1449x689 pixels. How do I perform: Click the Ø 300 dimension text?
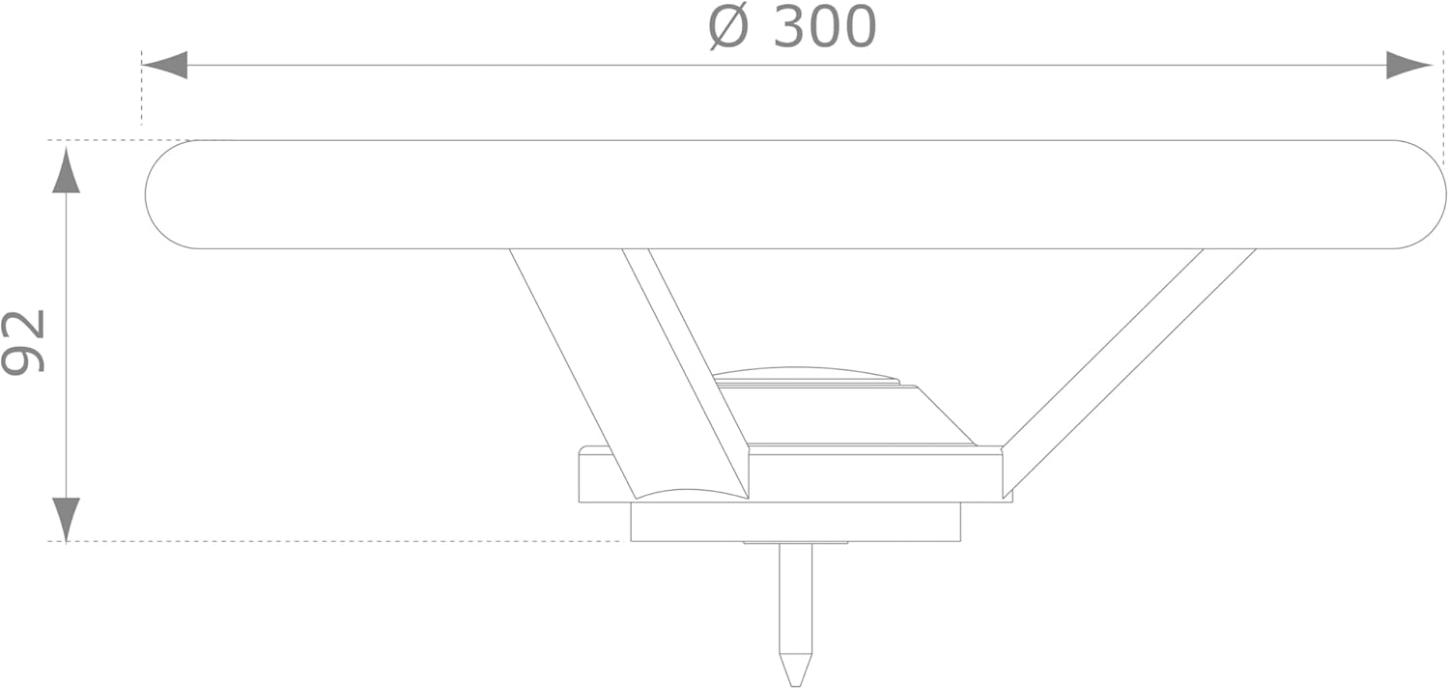click(x=792, y=27)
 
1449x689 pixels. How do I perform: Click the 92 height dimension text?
click(x=23, y=341)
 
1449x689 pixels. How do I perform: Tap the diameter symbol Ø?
click(x=728, y=27)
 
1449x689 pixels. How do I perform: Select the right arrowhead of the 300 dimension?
click(x=1407, y=65)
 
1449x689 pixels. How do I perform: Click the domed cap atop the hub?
click(x=804, y=374)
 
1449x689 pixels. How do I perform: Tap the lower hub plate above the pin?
click(x=795, y=522)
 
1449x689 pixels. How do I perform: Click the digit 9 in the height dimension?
click(x=23, y=359)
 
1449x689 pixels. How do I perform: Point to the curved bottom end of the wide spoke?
click(x=692, y=494)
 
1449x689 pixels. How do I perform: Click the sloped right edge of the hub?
click(x=947, y=416)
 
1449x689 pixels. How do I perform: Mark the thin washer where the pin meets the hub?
click(x=795, y=543)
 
